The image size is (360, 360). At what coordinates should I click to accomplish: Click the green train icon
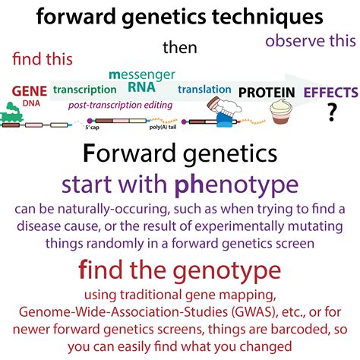(x=11, y=112)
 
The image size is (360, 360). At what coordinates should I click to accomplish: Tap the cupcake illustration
(x=281, y=111)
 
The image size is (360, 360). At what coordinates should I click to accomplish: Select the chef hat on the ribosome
(x=230, y=106)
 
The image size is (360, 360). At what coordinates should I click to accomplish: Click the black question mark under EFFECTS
(x=332, y=112)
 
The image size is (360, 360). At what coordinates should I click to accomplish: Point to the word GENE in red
(x=30, y=91)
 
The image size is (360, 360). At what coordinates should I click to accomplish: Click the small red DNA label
(x=31, y=103)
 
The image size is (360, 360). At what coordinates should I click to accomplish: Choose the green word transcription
(x=85, y=90)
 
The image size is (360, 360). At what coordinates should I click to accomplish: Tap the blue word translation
(x=204, y=89)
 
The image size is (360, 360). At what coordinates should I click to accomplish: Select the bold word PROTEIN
(x=267, y=93)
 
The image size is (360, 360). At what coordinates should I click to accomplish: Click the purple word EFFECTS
(x=331, y=92)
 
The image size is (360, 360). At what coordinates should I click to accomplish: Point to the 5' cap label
(x=92, y=128)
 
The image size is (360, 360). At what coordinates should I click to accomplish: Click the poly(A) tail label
(x=163, y=127)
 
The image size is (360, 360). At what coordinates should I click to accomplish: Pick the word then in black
(x=180, y=48)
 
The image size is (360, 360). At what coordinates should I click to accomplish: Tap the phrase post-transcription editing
(x=121, y=105)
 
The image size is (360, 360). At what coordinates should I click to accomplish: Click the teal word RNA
(x=141, y=87)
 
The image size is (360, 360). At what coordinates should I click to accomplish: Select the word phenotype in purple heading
(x=236, y=185)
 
